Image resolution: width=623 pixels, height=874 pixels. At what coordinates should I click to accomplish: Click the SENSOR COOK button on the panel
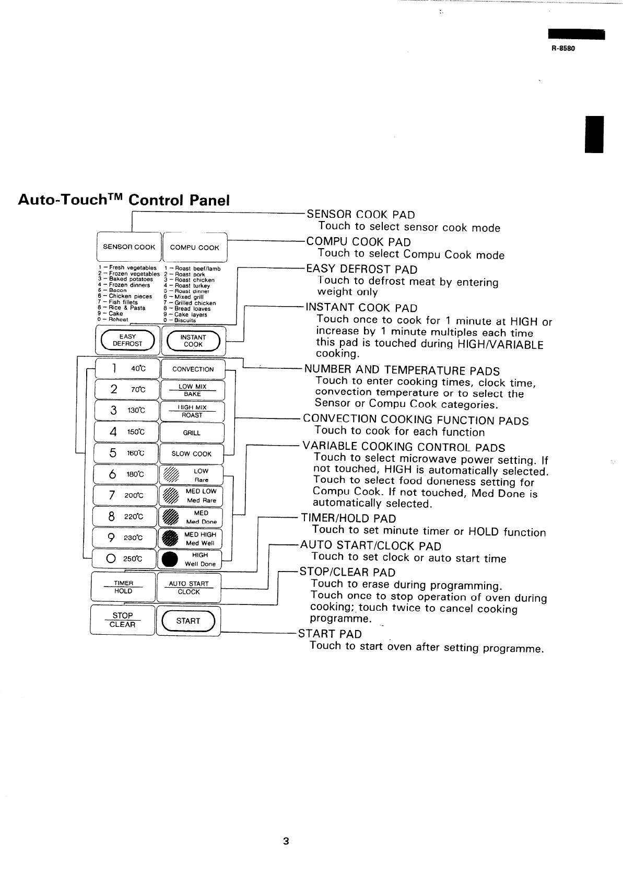pyautogui.click(x=129, y=247)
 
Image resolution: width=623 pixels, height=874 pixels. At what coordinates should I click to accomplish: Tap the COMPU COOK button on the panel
pyautogui.click(x=194, y=248)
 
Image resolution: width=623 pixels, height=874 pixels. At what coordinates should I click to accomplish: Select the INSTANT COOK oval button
pyautogui.click(x=193, y=341)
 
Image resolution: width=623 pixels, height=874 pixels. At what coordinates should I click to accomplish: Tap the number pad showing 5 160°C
pyautogui.click(x=126, y=453)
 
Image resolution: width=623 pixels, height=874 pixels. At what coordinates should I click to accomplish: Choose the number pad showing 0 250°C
pyautogui.click(x=124, y=559)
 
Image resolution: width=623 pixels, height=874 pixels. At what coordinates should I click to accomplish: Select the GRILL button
pyautogui.click(x=192, y=433)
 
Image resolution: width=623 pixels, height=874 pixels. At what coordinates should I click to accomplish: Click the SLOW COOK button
pyautogui.click(x=191, y=454)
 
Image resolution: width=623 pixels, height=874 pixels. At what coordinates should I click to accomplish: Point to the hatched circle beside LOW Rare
pyautogui.click(x=171, y=474)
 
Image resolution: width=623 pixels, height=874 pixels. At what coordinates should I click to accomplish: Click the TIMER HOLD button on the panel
pyautogui.click(x=123, y=587)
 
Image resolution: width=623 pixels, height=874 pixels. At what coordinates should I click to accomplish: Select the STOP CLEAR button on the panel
pyautogui.click(x=123, y=620)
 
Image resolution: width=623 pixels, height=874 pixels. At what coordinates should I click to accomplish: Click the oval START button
pyautogui.click(x=188, y=621)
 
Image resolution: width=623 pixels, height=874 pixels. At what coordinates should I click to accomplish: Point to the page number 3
pyautogui.click(x=286, y=841)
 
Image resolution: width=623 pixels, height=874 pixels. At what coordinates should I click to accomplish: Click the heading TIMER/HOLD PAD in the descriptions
pyautogui.click(x=348, y=518)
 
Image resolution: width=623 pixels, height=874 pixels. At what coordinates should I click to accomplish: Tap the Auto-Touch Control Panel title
pyautogui.click(x=124, y=200)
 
